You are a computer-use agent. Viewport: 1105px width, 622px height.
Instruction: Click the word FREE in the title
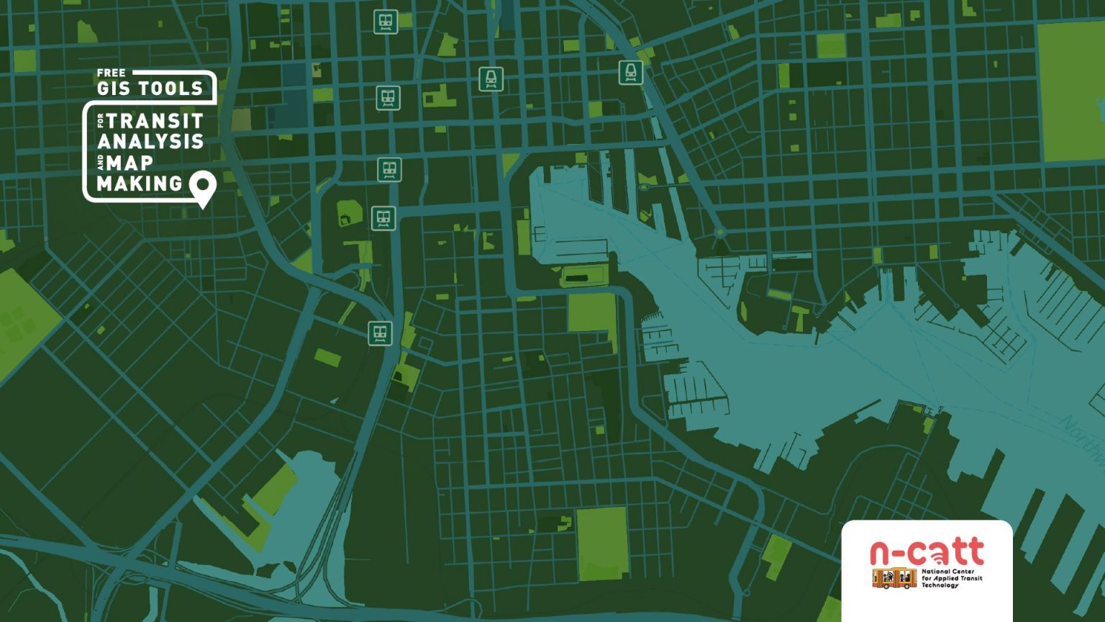point(111,73)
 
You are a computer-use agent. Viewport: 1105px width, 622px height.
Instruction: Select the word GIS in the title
point(114,89)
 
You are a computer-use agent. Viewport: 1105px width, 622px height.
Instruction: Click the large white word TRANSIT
point(155,120)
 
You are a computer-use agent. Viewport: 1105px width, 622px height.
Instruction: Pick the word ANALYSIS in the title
point(150,141)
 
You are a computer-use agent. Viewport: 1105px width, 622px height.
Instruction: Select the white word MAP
point(130,163)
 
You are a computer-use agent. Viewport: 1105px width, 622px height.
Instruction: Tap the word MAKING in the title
point(140,184)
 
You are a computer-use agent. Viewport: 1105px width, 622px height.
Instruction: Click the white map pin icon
point(203,186)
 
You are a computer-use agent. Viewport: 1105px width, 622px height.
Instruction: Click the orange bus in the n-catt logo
point(894,577)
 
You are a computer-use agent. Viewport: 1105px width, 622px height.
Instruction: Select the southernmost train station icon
point(380,333)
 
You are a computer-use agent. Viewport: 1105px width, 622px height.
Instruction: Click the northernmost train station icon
point(386,22)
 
